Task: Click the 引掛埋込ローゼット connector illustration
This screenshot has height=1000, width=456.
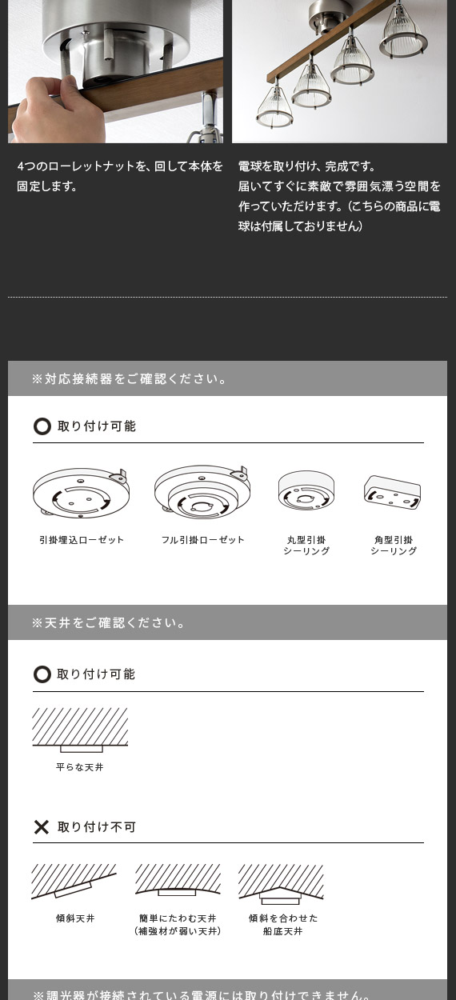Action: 82,493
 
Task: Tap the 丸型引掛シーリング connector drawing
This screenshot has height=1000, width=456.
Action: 306,490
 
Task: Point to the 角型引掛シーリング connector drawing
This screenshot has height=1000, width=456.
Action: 393,493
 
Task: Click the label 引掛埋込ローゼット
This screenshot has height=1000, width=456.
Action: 82,540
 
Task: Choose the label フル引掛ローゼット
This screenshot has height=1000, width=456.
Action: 202,540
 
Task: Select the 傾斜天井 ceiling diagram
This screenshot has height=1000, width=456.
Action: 74,880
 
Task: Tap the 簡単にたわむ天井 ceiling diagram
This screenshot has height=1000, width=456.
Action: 178,879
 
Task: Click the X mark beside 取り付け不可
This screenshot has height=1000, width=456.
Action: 42,826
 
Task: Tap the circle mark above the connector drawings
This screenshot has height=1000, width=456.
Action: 42,426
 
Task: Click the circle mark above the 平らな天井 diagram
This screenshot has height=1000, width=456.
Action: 42,674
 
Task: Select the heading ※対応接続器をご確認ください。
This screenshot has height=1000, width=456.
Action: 130,378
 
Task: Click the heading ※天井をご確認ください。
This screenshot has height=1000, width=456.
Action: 109,622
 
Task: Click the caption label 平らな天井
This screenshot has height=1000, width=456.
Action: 80,767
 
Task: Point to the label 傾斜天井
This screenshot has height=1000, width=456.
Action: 75,918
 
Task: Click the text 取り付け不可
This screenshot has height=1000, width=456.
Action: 97,826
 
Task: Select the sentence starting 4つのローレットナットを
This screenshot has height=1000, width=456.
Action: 120,176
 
